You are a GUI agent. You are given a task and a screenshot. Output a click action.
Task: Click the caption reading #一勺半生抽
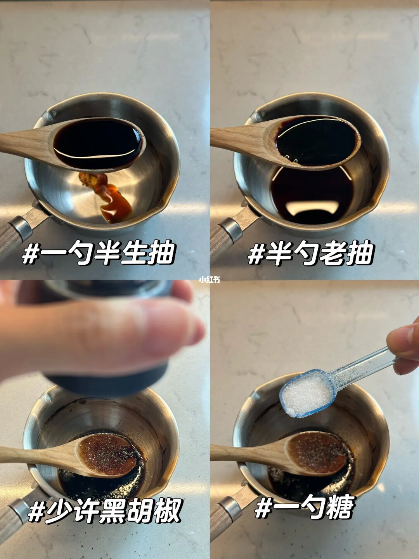(x=99, y=253)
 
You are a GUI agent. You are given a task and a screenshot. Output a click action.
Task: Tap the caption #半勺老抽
(x=310, y=253)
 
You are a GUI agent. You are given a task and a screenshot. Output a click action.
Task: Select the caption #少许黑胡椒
(x=105, y=511)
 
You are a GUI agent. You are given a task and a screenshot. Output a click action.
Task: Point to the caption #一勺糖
(x=305, y=507)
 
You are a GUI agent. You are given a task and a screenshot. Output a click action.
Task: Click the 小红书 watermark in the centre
(x=209, y=279)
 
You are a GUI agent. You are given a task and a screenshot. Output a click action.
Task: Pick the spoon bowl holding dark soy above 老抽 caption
(x=316, y=142)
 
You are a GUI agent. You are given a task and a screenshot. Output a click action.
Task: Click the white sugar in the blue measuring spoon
(x=306, y=394)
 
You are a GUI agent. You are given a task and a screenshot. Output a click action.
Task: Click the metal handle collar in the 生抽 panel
(x=20, y=228)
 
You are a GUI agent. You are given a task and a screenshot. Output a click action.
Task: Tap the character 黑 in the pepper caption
(x=113, y=511)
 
